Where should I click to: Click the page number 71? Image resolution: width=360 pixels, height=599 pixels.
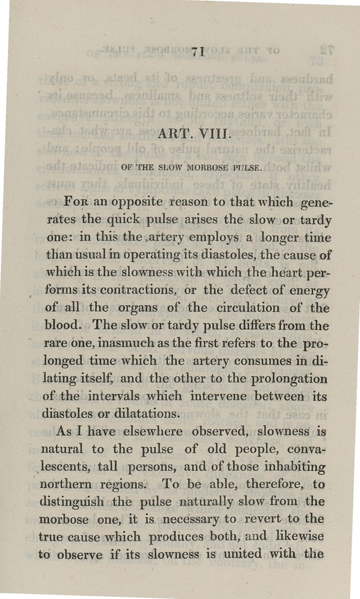pyautogui.click(x=196, y=51)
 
